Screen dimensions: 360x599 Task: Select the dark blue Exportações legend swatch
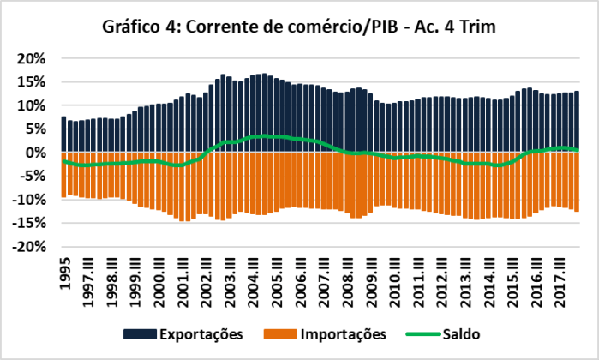tap(137, 333)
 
